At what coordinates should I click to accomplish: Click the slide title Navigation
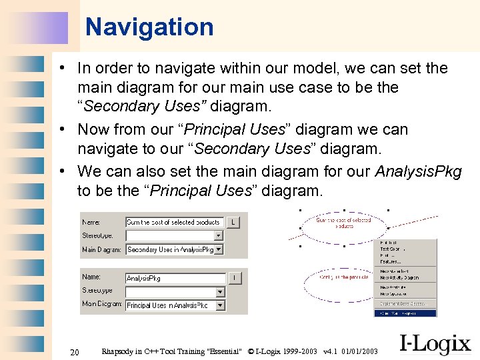pyautogui.click(x=149, y=27)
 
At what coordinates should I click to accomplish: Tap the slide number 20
pyautogui.click(x=75, y=351)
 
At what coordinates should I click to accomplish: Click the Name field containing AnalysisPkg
pyautogui.click(x=175, y=278)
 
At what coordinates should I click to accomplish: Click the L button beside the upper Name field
pyautogui.click(x=234, y=222)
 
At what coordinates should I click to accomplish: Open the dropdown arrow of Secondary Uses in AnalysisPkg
pyautogui.click(x=219, y=249)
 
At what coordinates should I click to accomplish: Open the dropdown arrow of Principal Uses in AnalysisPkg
pyautogui.click(x=220, y=305)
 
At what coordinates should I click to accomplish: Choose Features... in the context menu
pyautogui.click(x=390, y=262)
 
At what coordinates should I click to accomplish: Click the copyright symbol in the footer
pyautogui.click(x=251, y=351)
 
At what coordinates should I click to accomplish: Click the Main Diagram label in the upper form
pyautogui.click(x=102, y=250)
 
